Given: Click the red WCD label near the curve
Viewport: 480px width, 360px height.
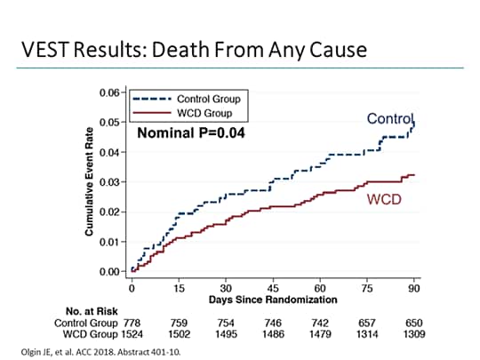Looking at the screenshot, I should [384, 198].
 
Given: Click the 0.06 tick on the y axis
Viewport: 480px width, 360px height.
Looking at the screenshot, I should [109, 92].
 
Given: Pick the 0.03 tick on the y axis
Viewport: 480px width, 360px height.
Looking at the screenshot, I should [109, 182].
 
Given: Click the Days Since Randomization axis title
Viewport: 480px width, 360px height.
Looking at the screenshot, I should [273, 300].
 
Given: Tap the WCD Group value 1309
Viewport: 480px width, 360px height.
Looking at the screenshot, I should [414, 335].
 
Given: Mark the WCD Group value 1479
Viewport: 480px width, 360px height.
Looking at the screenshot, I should [322, 335].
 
